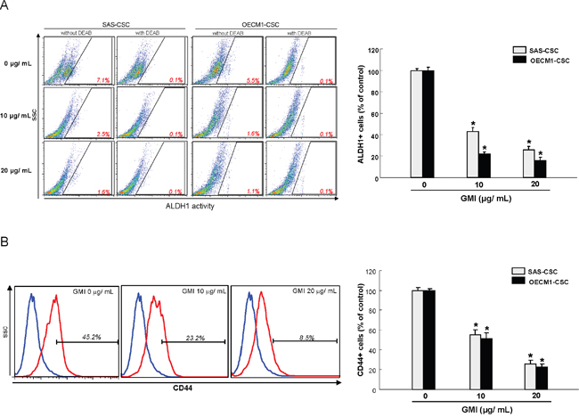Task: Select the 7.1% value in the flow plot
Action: point(102,80)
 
